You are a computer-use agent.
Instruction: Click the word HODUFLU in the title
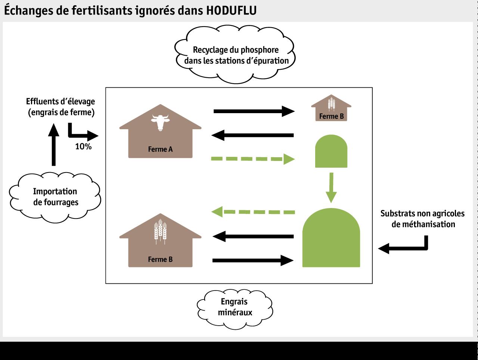click(231, 10)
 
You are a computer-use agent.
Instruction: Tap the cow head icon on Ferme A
click(160, 121)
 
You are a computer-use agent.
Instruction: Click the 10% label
click(83, 147)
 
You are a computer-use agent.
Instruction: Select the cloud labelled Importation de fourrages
click(55, 197)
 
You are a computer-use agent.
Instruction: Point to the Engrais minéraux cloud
click(235, 307)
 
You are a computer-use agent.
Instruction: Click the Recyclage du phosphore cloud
click(235, 55)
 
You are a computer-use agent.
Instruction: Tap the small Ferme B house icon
click(331, 109)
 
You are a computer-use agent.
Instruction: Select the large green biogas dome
click(331, 239)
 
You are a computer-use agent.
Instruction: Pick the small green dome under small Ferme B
click(331, 152)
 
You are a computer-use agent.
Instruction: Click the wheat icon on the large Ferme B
click(160, 232)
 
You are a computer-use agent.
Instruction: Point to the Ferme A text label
click(160, 149)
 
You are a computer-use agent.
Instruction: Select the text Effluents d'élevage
click(60, 102)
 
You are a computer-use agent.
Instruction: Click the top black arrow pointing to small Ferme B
click(254, 111)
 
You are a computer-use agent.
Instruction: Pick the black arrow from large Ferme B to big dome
click(252, 260)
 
